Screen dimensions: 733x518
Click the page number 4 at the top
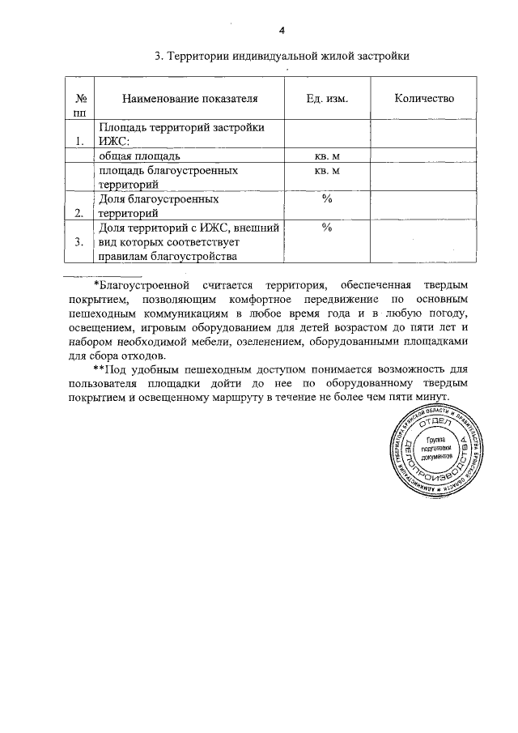[282, 31]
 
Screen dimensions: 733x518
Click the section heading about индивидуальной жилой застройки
[282, 56]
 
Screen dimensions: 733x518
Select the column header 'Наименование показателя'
[190, 98]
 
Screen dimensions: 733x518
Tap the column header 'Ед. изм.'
[327, 98]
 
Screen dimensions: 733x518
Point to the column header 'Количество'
[424, 98]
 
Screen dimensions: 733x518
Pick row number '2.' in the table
[79, 213]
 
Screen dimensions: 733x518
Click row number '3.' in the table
[79, 241]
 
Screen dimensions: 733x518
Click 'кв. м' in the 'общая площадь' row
[327, 155]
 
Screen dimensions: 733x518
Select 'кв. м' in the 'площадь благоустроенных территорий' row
[327, 170]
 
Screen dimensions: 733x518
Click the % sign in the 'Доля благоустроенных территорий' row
[327, 198]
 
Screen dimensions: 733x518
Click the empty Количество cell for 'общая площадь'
[424, 155]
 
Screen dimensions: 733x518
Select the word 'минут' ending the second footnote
[431, 398]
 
